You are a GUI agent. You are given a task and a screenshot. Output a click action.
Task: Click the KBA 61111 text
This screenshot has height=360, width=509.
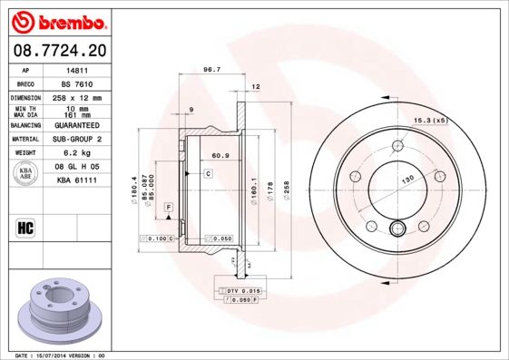pos(76,181)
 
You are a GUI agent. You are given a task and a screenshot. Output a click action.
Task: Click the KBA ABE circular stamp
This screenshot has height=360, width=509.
pos(26,175)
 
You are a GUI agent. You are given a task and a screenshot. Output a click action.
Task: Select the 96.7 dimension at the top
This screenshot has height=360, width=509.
pos(211,70)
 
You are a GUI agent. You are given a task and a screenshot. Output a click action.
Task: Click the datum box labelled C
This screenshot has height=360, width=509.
pos(208,172)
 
